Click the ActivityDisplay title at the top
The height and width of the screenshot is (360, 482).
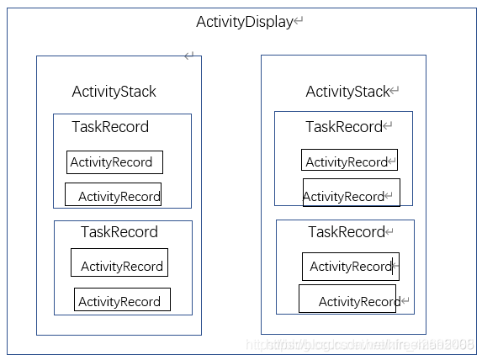point(243,22)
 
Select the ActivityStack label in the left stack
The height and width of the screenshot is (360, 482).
point(114,92)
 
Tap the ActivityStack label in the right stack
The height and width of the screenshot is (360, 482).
point(347,92)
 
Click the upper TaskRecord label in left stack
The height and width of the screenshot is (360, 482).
point(109,127)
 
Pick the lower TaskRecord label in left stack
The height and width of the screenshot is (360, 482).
point(119,231)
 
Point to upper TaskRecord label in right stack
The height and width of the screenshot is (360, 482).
point(343,127)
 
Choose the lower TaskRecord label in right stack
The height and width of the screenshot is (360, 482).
point(346,231)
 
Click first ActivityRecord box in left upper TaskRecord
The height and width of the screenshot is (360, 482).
point(114,162)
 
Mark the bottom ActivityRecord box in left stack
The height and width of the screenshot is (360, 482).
point(122,300)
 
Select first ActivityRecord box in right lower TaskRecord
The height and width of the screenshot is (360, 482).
point(350,267)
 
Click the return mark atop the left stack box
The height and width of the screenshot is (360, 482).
point(189,56)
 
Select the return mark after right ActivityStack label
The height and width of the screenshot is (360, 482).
point(395,92)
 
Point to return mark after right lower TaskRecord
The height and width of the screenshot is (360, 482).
point(389,232)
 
